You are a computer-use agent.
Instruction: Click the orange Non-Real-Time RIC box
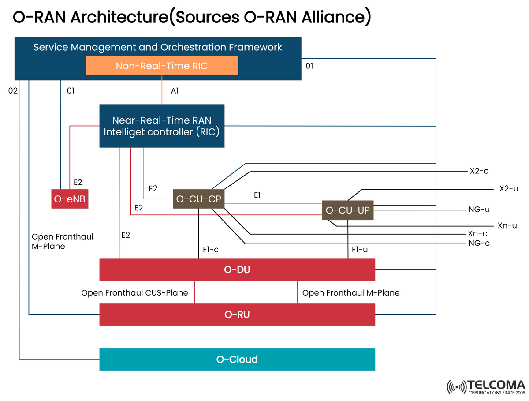click(162, 66)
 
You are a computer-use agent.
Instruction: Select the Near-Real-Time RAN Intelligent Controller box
click(162, 126)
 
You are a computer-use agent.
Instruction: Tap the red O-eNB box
click(70, 200)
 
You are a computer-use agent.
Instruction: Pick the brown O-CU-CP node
click(198, 199)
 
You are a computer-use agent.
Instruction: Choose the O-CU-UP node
click(348, 210)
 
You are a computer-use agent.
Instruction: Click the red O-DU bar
click(237, 269)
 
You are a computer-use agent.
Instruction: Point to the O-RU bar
click(237, 314)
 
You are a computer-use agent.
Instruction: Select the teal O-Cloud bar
click(237, 359)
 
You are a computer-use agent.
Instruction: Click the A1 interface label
click(175, 91)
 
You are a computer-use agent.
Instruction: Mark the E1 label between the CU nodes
click(258, 194)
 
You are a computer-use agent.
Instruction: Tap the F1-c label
click(211, 250)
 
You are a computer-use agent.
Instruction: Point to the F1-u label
click(360, 250)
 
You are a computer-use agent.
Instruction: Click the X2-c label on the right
click(479, 171)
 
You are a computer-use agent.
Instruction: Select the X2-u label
click(508, 189)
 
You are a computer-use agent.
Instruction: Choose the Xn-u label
click(507, 225)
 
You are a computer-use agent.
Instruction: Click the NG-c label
click(479, 243)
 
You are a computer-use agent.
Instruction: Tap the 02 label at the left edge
click(13, 91)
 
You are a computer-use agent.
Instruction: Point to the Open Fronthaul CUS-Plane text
click(135, 292)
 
